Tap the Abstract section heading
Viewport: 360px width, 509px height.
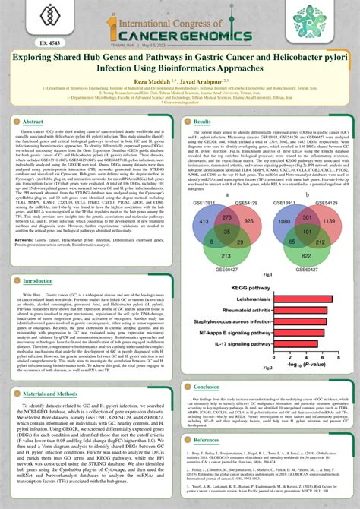point(34,122)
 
